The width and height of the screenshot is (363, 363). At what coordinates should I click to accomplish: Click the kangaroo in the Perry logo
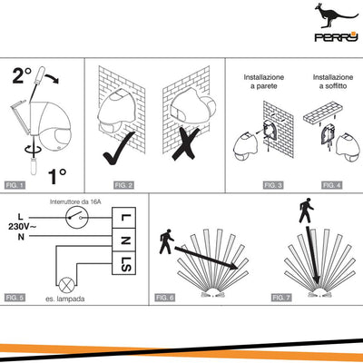[x=333, y=15]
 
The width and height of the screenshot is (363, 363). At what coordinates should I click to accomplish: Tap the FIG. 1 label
[x=15, y=185]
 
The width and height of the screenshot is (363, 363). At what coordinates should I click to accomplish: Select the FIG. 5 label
[x=15, y=298]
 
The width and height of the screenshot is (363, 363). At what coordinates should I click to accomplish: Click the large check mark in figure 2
[x=118, y=149]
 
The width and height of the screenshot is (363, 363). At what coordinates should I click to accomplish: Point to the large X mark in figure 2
[x=185, y=144]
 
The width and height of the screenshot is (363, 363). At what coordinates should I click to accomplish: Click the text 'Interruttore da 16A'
[x=75, y=201]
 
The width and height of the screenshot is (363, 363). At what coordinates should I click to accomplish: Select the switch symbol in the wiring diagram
[x=77, y=218]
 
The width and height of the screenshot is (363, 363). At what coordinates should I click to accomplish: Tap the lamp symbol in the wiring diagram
[x=65, y=285]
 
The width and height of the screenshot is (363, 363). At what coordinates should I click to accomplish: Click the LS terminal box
[x=123, y=263]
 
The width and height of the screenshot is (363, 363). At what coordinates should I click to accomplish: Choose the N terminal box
[x=123, y=240]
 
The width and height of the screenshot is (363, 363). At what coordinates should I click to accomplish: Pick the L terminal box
[x=123, y=218]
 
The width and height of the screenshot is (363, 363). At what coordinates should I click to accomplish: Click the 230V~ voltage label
[x=22, y=227]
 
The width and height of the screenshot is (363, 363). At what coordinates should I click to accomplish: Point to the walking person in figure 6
[x=166, y=241]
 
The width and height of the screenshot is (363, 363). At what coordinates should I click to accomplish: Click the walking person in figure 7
[x=306, y=211]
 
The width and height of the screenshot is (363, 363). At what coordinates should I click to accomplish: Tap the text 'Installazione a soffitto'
[x=333, y=82]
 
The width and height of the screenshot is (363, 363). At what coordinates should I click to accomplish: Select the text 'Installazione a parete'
[x=264, y=82]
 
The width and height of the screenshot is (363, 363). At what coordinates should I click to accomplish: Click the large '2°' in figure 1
[x=22, y=75]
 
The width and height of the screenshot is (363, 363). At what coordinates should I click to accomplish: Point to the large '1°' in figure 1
[x=57, y=176]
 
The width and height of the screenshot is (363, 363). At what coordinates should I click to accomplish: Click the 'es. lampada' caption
[x=65, y=299]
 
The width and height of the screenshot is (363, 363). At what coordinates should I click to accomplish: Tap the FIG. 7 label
[x=281, y=298]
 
